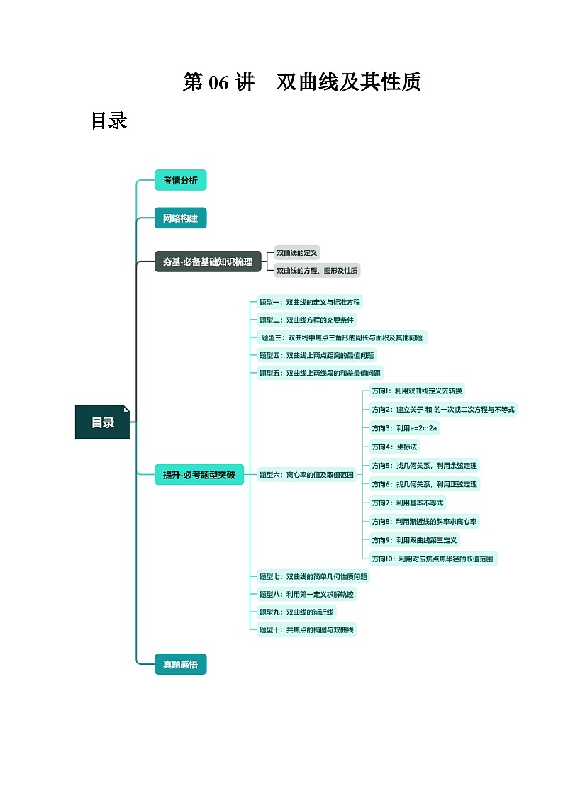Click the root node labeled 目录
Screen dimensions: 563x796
click(103, 422)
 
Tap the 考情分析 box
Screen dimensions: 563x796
click(180, 180)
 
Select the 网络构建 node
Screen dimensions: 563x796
click(180, 218)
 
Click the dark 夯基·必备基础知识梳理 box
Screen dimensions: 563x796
click(207, 262)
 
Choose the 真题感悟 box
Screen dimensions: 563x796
click(180, 664)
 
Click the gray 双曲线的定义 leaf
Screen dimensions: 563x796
click(298, 252)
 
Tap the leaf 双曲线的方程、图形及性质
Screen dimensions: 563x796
click(317, 270)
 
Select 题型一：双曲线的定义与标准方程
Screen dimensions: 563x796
click(310, 302)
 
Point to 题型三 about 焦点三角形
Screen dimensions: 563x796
click(342, 337)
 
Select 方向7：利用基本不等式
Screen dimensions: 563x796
click(407, 503)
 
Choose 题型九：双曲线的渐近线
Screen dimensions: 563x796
click(296, 612)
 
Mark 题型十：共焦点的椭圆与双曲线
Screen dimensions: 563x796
click(307, 629)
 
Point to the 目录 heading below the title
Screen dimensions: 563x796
click(109, 121)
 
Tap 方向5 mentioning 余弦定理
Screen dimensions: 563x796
click(424, 465)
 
